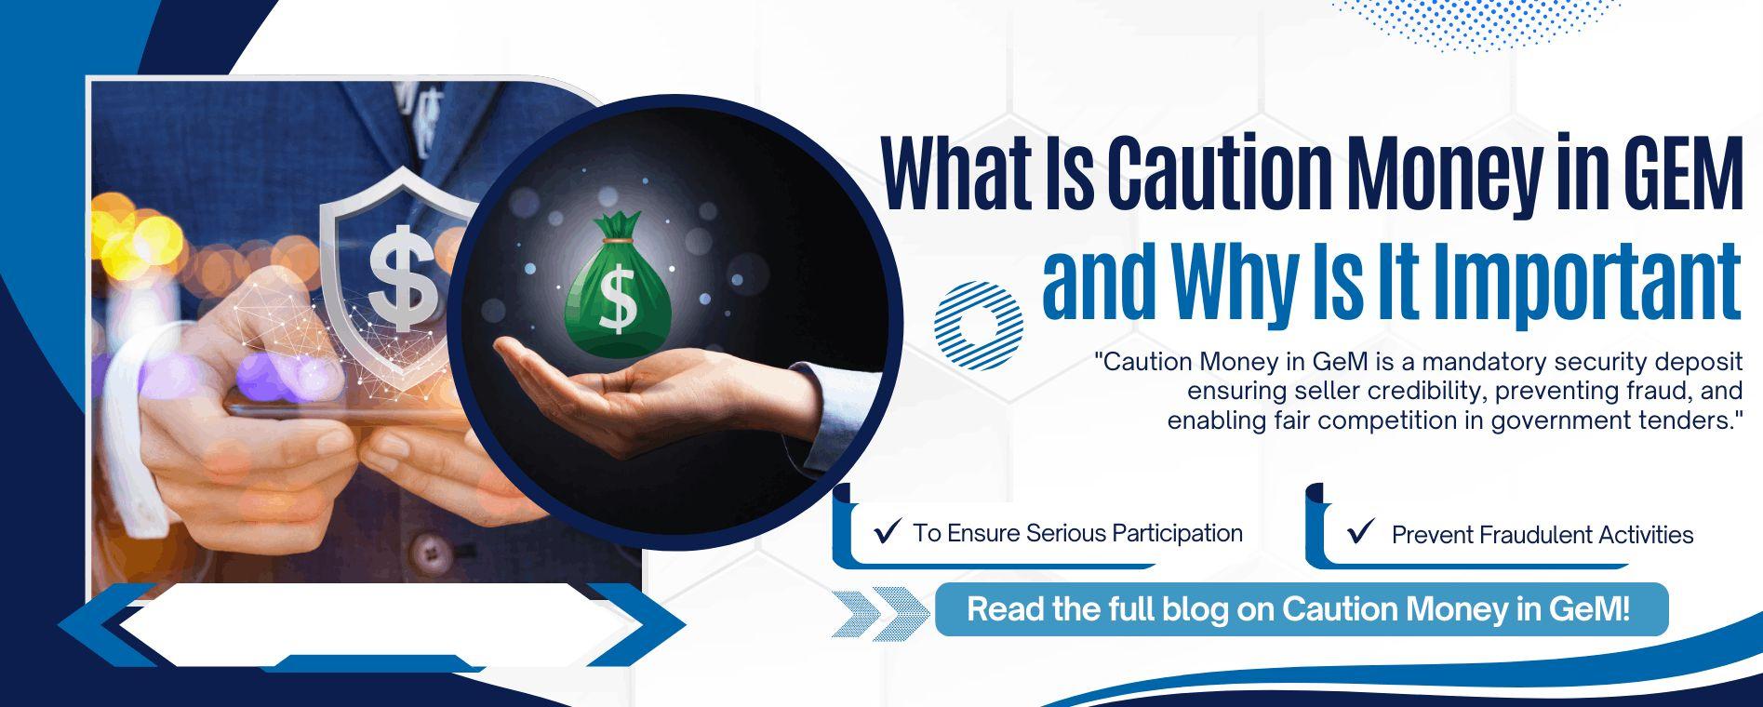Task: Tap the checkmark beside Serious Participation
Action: click(x=888, y=532)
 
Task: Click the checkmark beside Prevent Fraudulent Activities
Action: click(x=1360, y=532)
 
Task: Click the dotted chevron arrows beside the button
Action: click(x=879, y=613)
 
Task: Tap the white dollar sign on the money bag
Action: click(x=618, y=298)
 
